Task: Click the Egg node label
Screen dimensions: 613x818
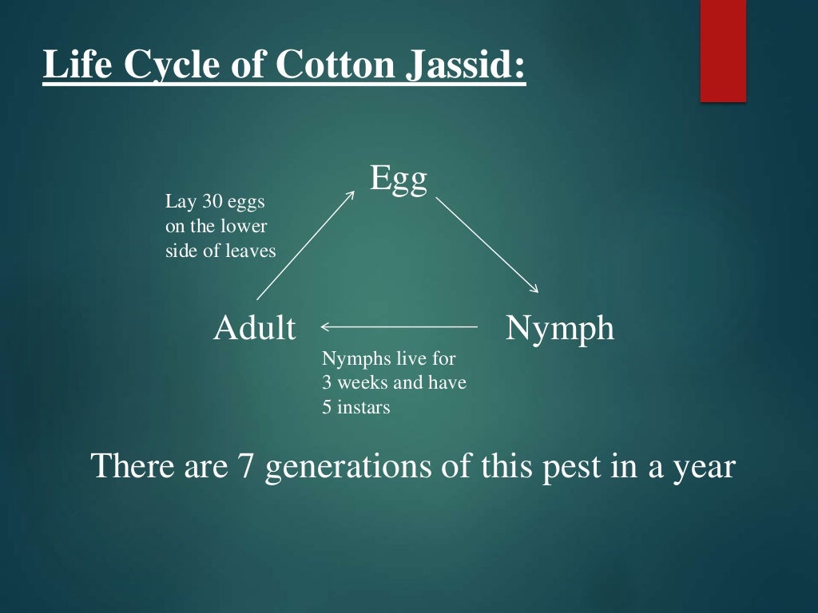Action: (x=399, y=180)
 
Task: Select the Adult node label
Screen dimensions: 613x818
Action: (x=254, y=328)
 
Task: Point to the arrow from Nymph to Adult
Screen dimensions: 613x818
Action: (x=399, y=326)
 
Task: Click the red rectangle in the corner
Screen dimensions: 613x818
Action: (x=722, y=50)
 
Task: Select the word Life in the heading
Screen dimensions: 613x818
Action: (x=77, y=65)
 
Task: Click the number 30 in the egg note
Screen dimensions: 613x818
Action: (x=214, y=202)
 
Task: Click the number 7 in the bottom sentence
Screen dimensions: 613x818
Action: (x=245, y=465)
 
